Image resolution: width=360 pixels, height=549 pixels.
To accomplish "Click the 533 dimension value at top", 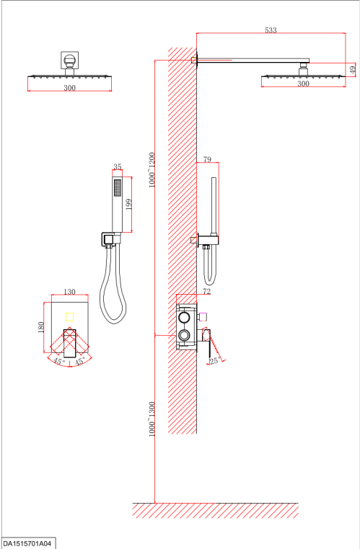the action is click(271, 30).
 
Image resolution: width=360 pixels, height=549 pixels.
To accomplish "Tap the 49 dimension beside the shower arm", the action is click(353, 69).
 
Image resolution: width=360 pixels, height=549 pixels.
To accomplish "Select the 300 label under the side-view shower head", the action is click(303, 84).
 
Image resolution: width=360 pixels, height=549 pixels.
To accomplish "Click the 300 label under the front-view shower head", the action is click(69, 88).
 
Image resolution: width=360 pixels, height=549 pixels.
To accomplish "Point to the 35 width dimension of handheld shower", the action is click(118, 166).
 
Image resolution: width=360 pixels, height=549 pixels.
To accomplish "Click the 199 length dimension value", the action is click(128, 205).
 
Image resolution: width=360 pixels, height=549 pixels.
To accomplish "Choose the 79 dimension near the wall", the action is click(207, 159).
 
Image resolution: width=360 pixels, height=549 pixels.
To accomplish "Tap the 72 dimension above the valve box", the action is click(207, 291).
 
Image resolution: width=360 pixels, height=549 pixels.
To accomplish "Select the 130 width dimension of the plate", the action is click(69, 292).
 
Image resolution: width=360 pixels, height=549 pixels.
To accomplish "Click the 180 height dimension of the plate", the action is click(41, 327).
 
